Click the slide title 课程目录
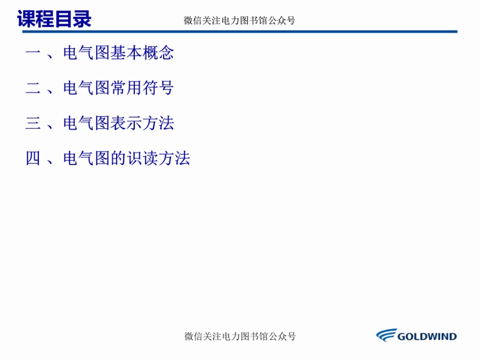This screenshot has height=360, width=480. (54, 19)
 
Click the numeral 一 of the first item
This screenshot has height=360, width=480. (33, 53)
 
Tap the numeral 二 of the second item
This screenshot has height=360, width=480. (33, 88)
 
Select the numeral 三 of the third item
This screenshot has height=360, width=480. (33, 124)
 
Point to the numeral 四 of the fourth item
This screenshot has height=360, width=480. (33, 159)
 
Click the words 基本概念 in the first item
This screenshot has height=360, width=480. (142, 53)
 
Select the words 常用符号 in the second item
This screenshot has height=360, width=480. (142, 88)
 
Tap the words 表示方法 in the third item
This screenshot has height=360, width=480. (142, 124)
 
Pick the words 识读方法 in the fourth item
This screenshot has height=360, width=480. (158, 159)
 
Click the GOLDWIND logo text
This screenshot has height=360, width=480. (427, 336)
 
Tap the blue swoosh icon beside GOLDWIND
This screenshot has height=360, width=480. (387, 335)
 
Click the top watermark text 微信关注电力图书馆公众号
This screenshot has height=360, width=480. (239, 21)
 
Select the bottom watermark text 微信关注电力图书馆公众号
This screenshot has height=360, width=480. (240, 336)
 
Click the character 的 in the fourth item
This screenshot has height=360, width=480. (119, 159)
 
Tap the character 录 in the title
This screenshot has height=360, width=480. (82, 19)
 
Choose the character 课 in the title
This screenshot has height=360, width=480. (26, 19)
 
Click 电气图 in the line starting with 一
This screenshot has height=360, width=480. (87, 53)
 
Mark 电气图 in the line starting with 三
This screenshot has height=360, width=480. (87, 124)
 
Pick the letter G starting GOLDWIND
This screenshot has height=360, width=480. (402, 336)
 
